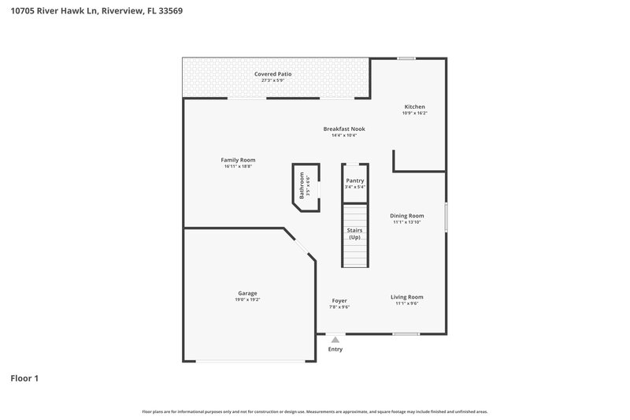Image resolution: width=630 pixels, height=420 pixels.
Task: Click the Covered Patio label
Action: pos(272,74)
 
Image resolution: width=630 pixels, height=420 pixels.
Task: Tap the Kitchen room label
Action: pos(414,106)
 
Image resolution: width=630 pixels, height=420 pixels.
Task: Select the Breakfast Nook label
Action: pos(344,128)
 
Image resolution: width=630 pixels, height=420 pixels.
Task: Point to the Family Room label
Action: pos(238,160)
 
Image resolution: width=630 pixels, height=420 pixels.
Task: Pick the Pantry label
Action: pos(355,180)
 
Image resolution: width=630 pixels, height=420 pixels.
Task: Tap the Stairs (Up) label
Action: pos(354,233)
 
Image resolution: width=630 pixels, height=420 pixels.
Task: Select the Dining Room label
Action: pos(407,215)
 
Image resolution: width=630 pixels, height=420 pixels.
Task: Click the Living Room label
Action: pos(407,297)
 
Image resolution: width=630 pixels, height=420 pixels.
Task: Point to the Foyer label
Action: pos(339,300)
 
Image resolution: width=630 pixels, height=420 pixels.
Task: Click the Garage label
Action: pos(247,293)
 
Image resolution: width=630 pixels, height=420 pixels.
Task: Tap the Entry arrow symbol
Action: pos(335,338)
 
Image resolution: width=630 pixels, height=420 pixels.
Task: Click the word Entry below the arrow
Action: pos(335,349)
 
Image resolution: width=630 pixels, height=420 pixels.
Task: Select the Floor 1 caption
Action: pos(24,378)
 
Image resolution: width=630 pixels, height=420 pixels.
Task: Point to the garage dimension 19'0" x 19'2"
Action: pos(247,299)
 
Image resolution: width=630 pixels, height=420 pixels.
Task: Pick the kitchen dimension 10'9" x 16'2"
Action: pos(414,113)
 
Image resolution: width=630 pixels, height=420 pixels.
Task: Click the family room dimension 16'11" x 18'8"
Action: pos(238,166)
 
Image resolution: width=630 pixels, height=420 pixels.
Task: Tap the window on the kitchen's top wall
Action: pos(406,58)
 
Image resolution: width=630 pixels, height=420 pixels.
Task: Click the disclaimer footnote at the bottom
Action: pos(315,411)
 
